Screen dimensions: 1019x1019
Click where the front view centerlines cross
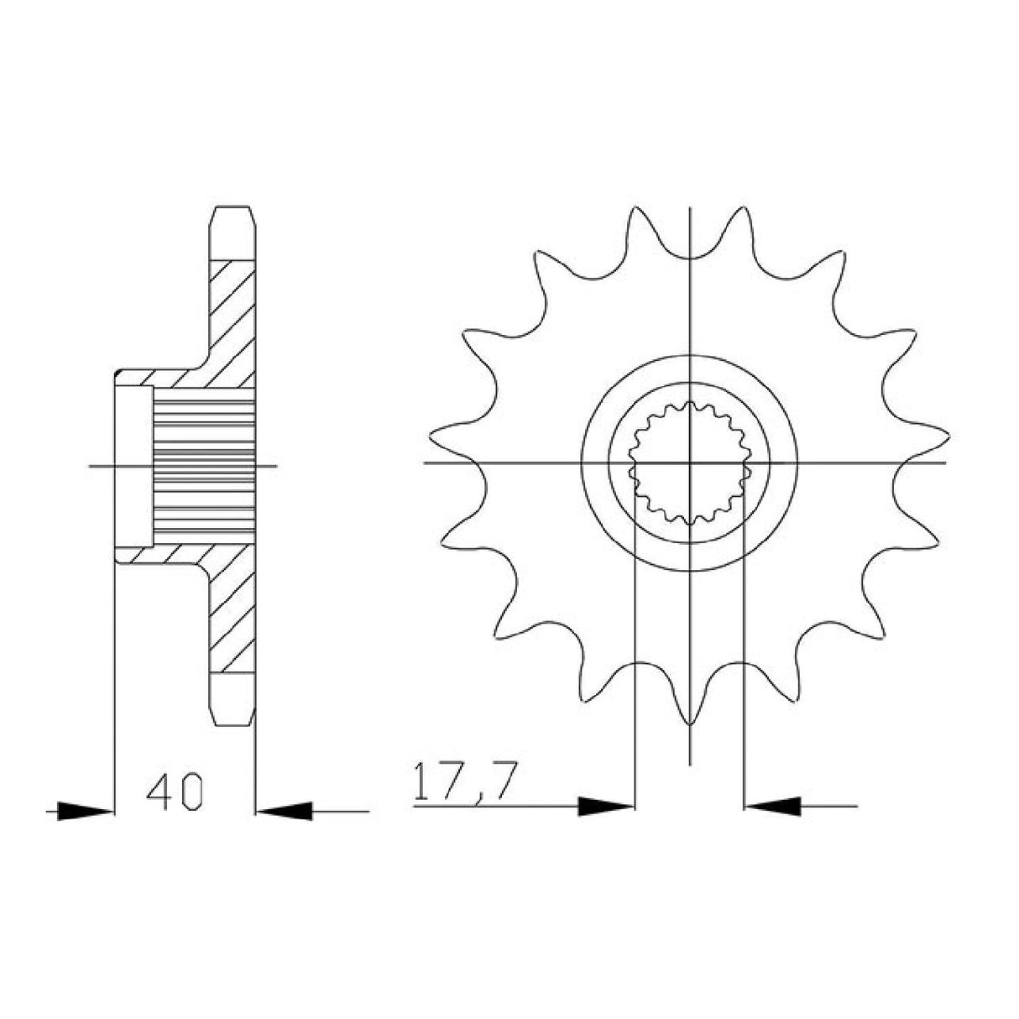pyautogui.click(x=690, y=462)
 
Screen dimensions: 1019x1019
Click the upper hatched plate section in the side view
pyautogui.click(x=232, y=311)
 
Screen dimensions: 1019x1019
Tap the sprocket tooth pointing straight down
pyautogui.click(x=690, y=713)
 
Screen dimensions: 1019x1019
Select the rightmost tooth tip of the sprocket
pyautogui.click(x=945, y=436)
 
